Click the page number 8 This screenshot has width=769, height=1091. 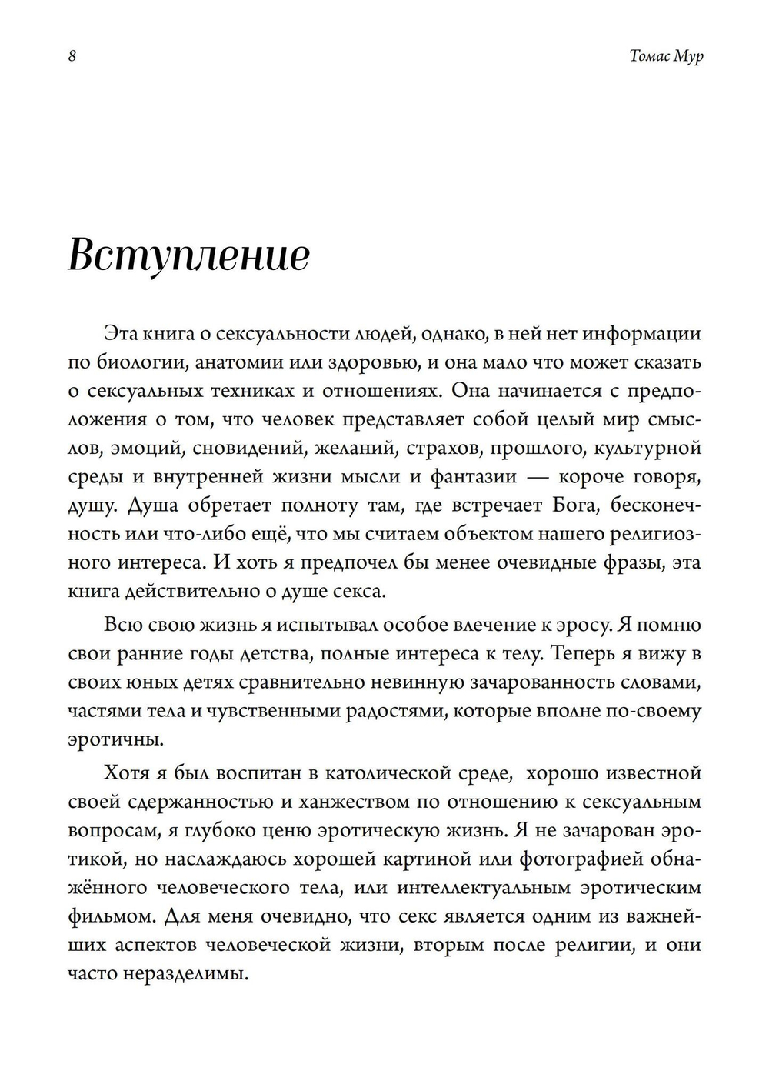[x=72, y=57]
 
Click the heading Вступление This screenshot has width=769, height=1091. [x=188, y=255]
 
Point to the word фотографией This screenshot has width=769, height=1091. [x=584, y=859]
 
